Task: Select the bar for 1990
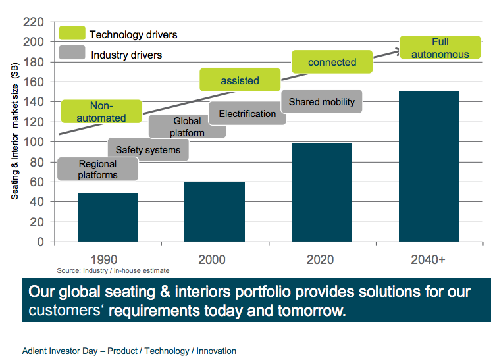pyautogui.click(x=107, y=217)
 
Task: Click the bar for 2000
pyautogui.click(x=215, y=211)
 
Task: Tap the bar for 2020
pyautogui.click(x=322, y=192)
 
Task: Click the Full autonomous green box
pyautogui.click(x=440, y=48)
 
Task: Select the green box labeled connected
pyautogui.click(x=332, y=63)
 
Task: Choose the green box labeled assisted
pyautogui.click(x=240, y=80)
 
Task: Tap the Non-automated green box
pyautogui.click(x=101, y=111)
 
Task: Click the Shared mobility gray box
pyautogui.click(x=321, y=102)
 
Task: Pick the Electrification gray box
pyautogui.click(x=247, y=114)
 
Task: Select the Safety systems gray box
pyautogui.click(x=147, y=150)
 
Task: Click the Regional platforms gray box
pyautogui.click(x=97, y=169)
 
